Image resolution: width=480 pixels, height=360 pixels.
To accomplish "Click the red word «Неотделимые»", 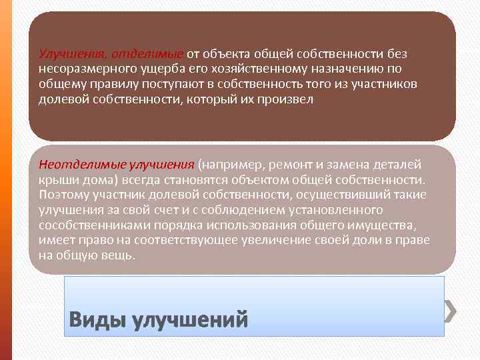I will [76, 164].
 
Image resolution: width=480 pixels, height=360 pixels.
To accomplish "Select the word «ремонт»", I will [278, 164].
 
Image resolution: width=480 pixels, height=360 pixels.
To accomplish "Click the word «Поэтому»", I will [63, 195].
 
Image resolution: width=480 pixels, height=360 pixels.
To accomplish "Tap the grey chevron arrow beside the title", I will [451, 309].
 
